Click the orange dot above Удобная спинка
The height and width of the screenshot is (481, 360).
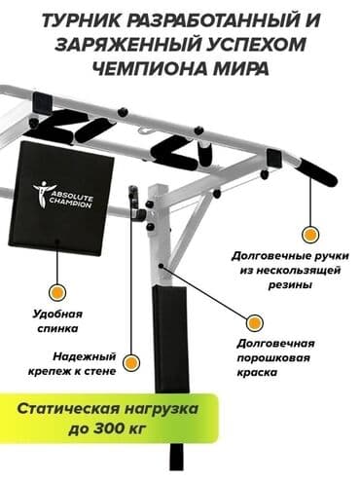tap(57, 291)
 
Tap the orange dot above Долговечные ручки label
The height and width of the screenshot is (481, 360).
tap(309, 234)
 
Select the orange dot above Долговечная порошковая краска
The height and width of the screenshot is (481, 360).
tap(254, 322)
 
